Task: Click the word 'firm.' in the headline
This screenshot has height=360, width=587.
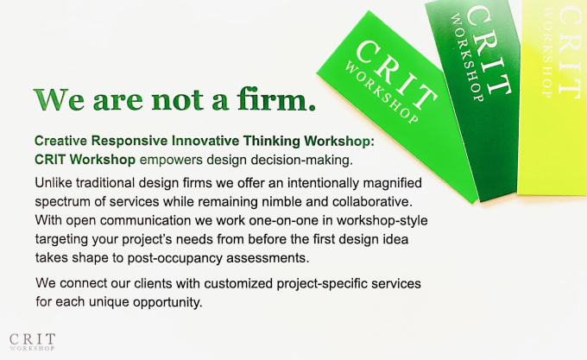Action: click(x=276, y=99)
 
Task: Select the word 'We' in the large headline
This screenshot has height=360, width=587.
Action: click(x=59, y=100)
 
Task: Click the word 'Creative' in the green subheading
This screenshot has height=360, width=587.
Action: click(x=60, y=141)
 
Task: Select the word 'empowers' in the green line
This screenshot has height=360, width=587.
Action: click(x=171, y=161)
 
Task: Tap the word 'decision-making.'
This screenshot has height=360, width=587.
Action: click(x=302, y=161)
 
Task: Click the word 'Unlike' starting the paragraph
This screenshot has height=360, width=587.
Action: click(x=53, y=183)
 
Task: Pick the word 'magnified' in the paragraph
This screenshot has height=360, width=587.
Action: click(x=392, y=183)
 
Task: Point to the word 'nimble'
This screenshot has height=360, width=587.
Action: click(x=281, y=202)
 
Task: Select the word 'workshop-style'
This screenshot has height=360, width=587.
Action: click(x=382, y=220)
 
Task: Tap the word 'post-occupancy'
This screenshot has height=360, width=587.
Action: click(x=175, y=258)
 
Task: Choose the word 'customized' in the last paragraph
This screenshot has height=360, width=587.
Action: click(x=238, y=283)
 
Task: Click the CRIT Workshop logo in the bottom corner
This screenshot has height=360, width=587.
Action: click(x=32, y=342)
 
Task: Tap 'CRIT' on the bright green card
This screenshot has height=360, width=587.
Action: click(x=396, y=74)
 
